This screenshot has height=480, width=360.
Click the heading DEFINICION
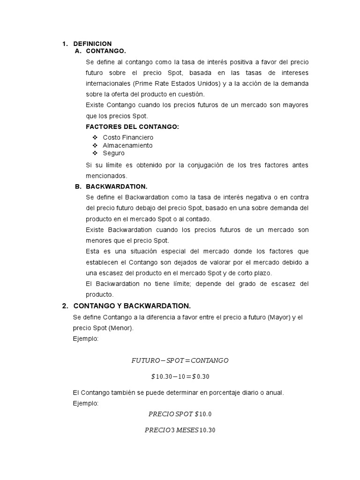click(92, 44)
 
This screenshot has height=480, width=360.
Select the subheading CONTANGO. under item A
click(106, 51)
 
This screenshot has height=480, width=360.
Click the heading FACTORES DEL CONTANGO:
click(133, 127)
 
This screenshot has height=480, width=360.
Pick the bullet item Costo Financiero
click(128, 137)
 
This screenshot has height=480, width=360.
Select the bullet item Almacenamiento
click(127, 145)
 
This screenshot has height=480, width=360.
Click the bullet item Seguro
click(114, 153)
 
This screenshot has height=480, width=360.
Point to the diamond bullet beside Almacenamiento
click(95, 145)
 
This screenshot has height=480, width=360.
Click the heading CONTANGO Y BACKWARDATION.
click(132, 306)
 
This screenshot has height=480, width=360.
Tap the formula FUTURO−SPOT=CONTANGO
click(180, 360)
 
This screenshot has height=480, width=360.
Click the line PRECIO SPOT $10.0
click(180, 414)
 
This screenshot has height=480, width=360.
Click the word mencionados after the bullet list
click(105, 176)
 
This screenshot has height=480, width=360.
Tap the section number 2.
click(65, 306)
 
